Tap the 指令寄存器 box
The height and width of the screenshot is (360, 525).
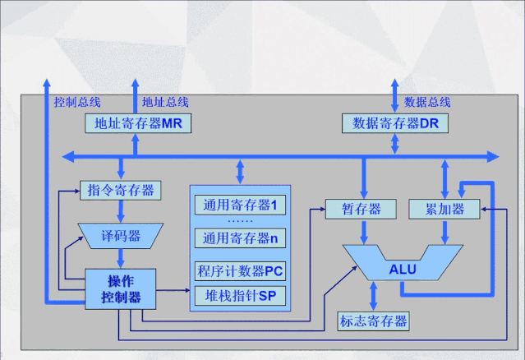pyautogui.click(x=120, y=191)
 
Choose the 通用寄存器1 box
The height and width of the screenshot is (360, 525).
pyautogui.click(x=239, y=203)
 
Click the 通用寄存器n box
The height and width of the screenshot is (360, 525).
pyautogui.click(x=239, y=238)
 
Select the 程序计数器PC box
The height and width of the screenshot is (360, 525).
pyautogui.click(x=239, y=270)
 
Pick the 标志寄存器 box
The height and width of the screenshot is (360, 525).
pyautogui.click(x=373, y=321)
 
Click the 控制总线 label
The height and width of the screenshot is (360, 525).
pyautogui.click(x=76, y=102)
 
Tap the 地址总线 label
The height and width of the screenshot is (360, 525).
pyautogui.click(x=164, y=102)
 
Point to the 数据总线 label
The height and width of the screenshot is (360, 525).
pyautogui.click(x=426, y=102)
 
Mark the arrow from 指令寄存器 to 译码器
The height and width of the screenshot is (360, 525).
pyautogui.click(x=120, y=210)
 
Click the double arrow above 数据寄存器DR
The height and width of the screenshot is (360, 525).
pyautogui.click(x=395, y=95)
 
